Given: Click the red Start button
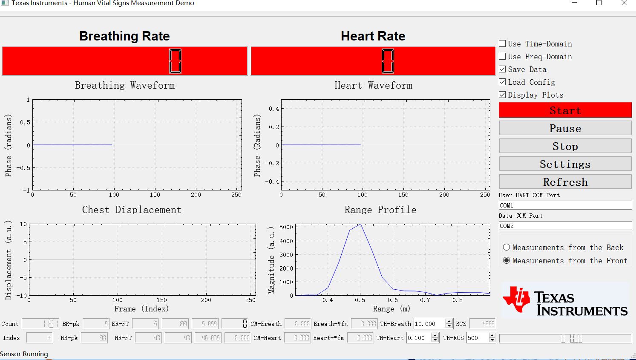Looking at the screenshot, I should (565, 110).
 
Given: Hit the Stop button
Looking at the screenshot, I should (565, 146).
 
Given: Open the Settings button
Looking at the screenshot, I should (565, 164).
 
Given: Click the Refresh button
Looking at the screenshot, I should (565, 182).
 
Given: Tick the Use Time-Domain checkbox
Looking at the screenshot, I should (503, 43).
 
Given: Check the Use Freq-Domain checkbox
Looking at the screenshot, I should (503, 56).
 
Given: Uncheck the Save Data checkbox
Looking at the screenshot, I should (503, 69).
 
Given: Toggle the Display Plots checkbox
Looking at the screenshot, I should (503, 95).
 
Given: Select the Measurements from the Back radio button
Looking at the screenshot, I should (506, 248).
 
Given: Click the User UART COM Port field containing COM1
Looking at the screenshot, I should (565, 205).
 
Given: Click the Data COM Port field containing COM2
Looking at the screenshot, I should (565, 226).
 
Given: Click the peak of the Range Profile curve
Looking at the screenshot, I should (360, 224).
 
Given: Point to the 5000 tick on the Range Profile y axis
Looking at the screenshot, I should (286, 227).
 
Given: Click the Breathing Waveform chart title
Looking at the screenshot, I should (125, 85).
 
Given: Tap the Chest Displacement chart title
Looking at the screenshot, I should (132, 210).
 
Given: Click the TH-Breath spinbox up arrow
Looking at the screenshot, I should (449, 321).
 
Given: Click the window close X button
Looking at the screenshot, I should (624, 3).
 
